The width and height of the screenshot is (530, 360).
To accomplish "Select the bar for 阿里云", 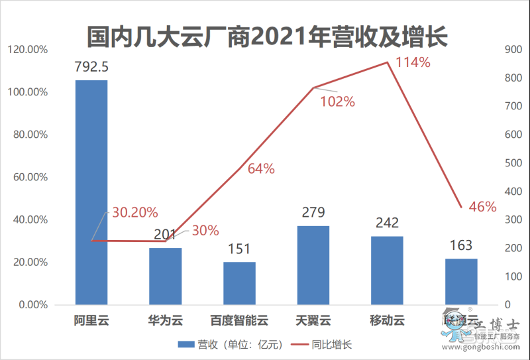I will [x=91, y=192].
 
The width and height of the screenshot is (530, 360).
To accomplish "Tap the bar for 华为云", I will [x=166, y=276].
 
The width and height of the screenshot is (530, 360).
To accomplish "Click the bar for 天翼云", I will [x=313, y=265].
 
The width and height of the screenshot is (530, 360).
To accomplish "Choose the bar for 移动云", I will [x=388, y=270].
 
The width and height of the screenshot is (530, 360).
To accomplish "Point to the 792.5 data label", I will [x=91, y=67].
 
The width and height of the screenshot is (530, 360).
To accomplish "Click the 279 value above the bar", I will [x=313, y=213].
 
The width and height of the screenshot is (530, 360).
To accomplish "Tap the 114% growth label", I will [x=413, y=63].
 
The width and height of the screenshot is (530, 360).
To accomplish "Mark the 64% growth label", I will [x=261, y=168].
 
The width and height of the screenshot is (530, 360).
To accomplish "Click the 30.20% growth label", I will [x=134, y=213].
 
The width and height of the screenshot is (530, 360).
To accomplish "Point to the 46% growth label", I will [x=482, y=207].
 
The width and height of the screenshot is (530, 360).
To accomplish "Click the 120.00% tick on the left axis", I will [x=27, y=50].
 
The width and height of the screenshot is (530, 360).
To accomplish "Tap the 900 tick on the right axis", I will [x=515, y=50].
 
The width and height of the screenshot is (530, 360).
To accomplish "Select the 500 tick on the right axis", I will [x=515, y=163].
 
